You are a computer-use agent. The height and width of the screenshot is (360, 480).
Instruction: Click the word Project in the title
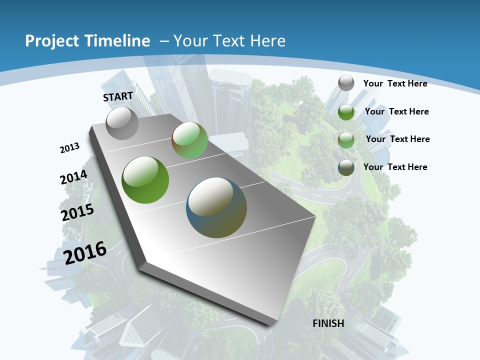[50, 41]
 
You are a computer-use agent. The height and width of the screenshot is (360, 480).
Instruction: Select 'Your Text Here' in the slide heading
[229, 41]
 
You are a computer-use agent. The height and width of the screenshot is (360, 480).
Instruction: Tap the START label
[118, 96]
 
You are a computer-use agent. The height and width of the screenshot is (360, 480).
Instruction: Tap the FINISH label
[328, 323]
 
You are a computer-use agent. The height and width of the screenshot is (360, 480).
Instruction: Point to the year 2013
[69, 148]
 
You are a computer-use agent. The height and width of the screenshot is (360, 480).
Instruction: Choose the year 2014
[74, 177]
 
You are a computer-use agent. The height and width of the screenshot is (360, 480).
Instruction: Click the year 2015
[77, 212]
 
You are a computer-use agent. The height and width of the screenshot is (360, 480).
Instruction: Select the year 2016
[85, 252]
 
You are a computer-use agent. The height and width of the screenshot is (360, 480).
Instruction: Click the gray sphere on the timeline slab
[122, 123]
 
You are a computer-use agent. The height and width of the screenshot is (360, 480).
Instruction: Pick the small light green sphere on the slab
[189, 140]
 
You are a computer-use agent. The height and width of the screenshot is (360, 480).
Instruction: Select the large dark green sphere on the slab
[145, 180]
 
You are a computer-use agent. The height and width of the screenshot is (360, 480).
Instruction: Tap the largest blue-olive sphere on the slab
[216, 207]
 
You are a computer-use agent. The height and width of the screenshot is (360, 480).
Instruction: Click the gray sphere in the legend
[346, 83]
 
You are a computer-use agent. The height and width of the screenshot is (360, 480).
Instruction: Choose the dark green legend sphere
[346, 112]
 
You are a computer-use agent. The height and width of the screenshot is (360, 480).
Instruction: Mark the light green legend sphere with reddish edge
[346, 140]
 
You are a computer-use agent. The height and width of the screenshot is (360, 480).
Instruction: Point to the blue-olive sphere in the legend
[346, 167]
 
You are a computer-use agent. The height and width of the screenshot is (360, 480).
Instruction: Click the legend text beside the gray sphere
[395, 83]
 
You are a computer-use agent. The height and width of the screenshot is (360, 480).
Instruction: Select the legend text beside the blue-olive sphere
[395, 167]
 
